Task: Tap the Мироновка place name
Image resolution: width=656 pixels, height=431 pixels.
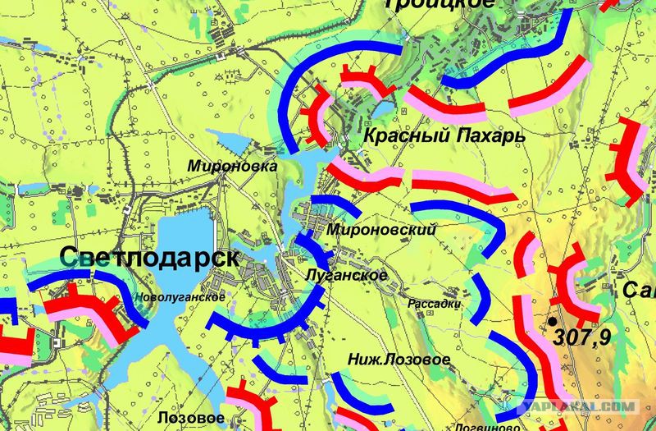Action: (232, 165)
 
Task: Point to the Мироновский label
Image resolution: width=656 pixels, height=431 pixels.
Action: (380, 230)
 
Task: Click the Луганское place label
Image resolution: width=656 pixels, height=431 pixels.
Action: (344, 275)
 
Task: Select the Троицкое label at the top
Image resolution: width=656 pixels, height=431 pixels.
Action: (440, 4)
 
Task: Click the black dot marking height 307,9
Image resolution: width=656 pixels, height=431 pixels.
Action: (553, 320)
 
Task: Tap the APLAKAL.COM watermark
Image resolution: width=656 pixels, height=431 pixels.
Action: (583, 406)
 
